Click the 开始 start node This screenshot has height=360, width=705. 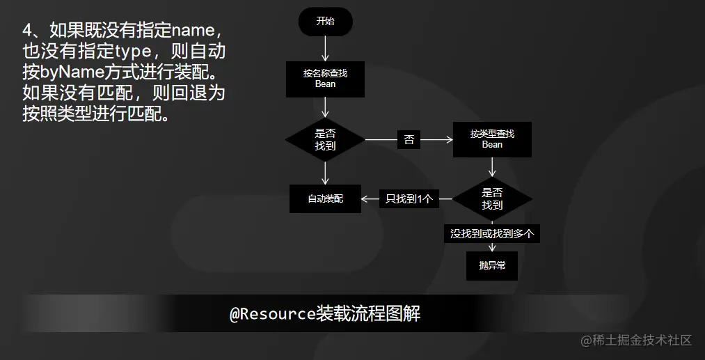coord(325,22)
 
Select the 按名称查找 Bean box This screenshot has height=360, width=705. coord(325,79)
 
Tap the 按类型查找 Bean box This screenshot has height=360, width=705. coord(492,139)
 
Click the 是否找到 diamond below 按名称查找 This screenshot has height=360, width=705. coord(325,140)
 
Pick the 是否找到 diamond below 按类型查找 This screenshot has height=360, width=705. coord(492,199)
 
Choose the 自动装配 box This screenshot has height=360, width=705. coord(325,199)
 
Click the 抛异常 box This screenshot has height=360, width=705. coord(492,266)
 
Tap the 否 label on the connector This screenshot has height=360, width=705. coord(409,140)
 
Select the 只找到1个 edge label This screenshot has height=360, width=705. coord(409,199)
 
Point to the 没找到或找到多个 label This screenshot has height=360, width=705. coord(492,234)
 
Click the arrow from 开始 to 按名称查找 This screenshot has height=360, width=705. coord(325,48)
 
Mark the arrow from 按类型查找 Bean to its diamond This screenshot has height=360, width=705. coord(492,166)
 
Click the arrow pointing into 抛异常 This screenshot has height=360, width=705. coord(492,247)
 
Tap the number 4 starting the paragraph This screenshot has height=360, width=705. coord(27,31)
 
